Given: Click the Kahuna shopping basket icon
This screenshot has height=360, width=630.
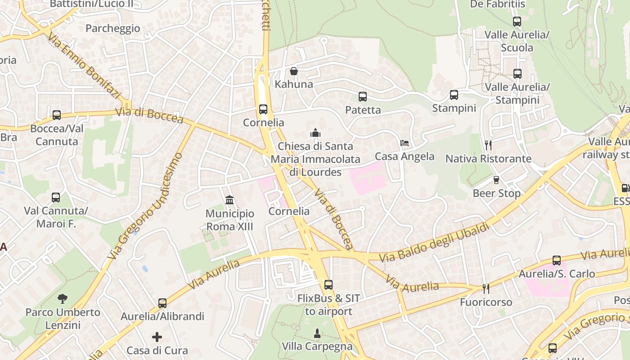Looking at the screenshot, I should pos(294,71).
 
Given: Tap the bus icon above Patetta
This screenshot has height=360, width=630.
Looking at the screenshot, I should pos(363,97).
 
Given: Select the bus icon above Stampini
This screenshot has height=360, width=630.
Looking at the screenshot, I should pos(454,95).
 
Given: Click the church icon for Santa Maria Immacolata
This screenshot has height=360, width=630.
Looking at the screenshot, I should pos(315,133).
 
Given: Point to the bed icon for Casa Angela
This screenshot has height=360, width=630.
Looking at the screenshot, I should pos(405,143).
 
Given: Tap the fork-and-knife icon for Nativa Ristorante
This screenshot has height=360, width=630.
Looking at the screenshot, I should pos(488,145).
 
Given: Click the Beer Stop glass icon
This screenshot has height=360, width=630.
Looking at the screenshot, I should pos(496,180).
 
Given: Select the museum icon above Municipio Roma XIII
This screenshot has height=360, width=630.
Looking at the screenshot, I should pos(229,200).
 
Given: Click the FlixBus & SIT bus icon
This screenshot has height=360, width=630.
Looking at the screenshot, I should pos(328,285).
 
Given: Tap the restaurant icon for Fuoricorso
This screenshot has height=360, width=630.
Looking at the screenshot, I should pos(486,288).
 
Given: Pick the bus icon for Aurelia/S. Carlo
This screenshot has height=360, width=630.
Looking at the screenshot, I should pos(557,261).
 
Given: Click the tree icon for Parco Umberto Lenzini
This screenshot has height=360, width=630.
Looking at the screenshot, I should pos(63,298).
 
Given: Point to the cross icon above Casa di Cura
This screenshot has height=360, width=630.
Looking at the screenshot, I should pos(157,337).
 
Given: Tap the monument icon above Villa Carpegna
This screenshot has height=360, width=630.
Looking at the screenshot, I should pos(317,333).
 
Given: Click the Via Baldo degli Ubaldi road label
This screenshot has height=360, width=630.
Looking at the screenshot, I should pos(434,243).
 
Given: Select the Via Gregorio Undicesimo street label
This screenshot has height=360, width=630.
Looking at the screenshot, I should pos(147,206).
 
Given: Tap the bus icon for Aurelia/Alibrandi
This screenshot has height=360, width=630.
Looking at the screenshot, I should pos(162,303).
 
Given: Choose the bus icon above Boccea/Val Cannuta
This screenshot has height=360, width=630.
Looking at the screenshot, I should pos(57,115).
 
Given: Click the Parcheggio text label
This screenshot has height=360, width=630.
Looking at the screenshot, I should pos(113,28).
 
